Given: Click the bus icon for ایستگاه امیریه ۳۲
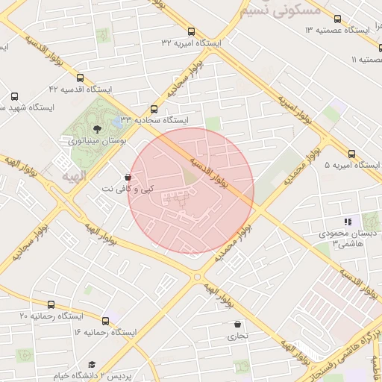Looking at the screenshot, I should coord(192,32).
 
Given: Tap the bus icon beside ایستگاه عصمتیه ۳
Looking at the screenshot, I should coord(337,19).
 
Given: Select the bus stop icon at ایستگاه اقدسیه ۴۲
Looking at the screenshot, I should coord(80,78).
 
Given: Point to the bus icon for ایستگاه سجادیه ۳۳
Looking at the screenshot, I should coord(154,109).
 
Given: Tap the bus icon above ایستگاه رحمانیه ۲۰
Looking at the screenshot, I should coord(51,304).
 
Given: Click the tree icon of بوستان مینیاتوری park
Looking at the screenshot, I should coord(98,128).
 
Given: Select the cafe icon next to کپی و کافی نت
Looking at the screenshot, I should coord(128,178).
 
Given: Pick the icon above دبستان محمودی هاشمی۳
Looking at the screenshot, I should coord(346,222).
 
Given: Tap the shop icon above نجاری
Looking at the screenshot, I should coord(237,325).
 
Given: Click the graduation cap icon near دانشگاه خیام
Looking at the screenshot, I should coord(92,364).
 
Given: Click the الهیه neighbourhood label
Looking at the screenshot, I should coord(75,176).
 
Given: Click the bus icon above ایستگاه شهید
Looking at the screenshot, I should coord(15,97).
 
